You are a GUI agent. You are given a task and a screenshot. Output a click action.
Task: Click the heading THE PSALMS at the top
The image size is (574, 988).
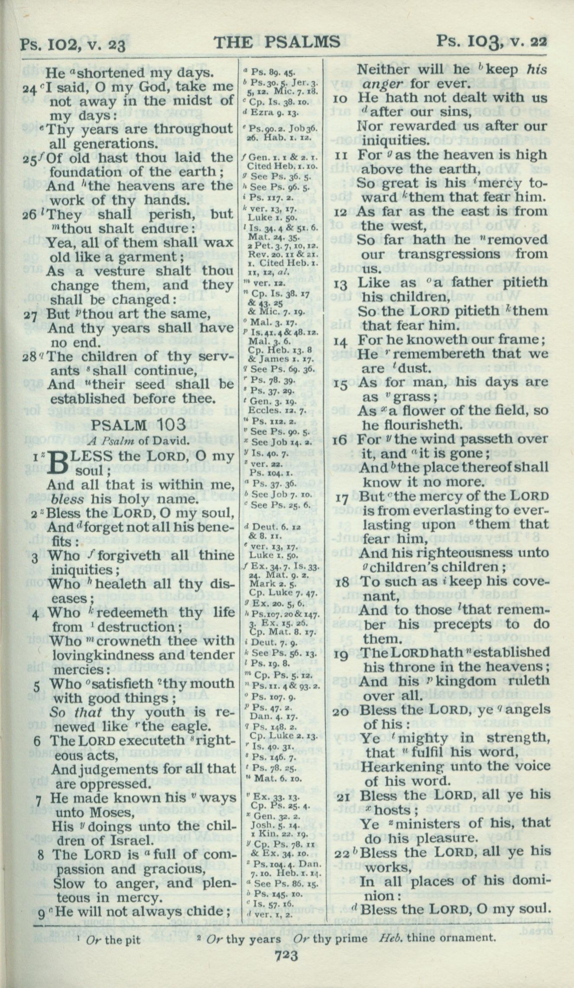tap(276, 42)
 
